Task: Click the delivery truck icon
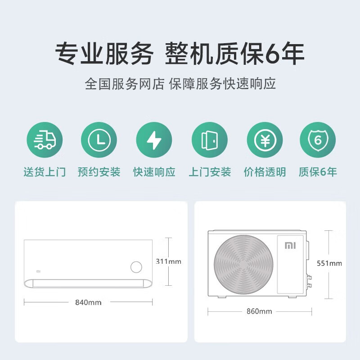(x=45, y=140)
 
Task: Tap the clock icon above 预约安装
(x=99, y=140)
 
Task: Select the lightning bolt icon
(x=154, y=140)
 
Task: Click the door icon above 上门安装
(x=209, y=140)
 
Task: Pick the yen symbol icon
(x=264, y=140)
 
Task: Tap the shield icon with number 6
(x=318, y=140)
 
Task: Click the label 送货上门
(x=45, y=172)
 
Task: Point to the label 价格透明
(x=265, y=172)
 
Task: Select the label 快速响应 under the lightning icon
(x=154, y=172)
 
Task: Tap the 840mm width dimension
(x=88, y=302)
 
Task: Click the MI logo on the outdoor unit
(x=289, y=246)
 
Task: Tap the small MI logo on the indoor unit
(x=38, y=271)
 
